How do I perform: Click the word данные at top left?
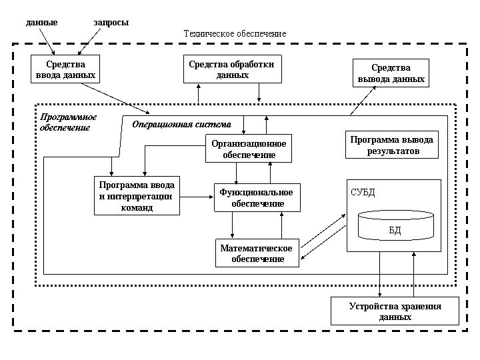pos(41,23)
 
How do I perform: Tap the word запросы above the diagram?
pos(111,23)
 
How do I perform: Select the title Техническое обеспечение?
pos(235,33)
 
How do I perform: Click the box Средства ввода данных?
pos(65,69)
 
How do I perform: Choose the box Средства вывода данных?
pos(391,73)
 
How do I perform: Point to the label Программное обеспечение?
pos(69,122)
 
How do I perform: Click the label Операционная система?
pos(181,124)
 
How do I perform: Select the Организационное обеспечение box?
pos(249,149)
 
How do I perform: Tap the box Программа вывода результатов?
pos(392,145)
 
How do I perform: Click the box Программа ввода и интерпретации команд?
pos(137,196)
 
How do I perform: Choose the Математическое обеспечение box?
pos(257,253)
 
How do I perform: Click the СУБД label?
pos(363,193)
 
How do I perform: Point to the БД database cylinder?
pos(395,226)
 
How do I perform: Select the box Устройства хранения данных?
pos(395,311)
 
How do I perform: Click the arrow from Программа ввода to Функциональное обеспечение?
pos(197,197)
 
